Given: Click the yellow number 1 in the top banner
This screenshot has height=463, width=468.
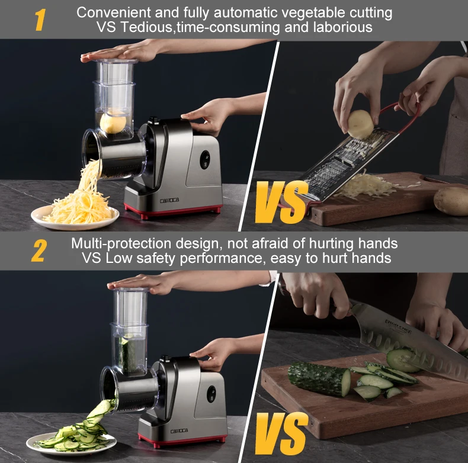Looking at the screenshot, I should (x=40, y=20).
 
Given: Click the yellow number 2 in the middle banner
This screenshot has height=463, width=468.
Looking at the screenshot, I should (x=39, y=251).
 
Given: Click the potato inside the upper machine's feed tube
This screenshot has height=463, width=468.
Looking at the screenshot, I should (x=113, y=121).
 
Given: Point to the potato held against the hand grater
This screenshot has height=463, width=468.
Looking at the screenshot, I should (x=360, y=124).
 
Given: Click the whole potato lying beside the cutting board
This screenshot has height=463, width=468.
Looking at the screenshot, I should (x=451, y=201).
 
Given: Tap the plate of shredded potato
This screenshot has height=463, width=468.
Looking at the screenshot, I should (x=74, y=214).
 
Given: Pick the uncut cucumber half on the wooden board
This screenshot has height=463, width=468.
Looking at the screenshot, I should (x=319, y=378).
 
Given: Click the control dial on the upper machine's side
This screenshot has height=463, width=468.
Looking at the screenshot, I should (x=205, y=159).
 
